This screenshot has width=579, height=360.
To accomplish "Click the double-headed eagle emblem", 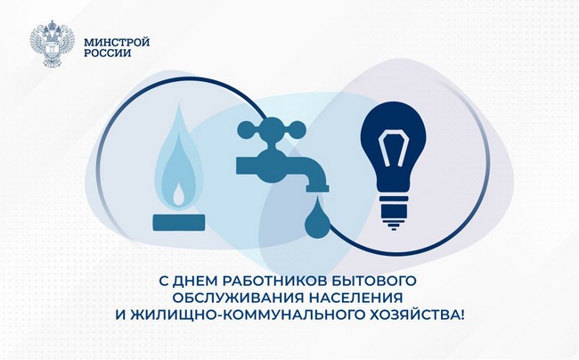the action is (52, 44).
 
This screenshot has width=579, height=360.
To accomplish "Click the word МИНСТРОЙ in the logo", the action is (117, 42).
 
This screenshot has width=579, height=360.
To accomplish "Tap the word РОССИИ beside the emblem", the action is (108, 53).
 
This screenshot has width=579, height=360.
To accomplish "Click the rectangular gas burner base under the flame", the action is (179, 223).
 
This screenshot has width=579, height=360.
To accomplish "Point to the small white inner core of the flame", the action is (179, 195).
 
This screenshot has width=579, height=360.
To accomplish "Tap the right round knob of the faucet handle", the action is (297, 129).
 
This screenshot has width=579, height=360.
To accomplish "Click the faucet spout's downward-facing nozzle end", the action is (317, 189).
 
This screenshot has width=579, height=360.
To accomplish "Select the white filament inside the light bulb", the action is (394, 148).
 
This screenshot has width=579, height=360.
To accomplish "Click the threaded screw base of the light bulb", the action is (394, 213).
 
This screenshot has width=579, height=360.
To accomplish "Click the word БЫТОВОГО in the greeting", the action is (374, 280).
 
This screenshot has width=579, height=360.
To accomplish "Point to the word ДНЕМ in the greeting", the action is (195, 280).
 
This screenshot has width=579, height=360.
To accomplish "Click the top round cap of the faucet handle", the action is (272, 122).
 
